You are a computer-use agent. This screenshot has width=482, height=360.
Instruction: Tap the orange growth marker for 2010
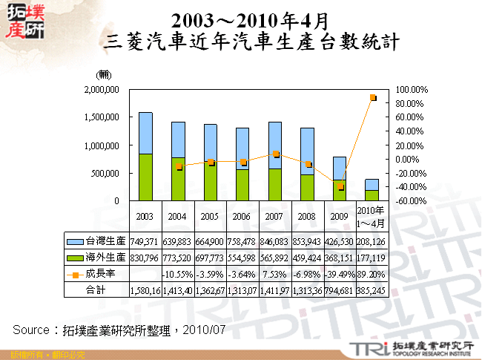coord(372,98)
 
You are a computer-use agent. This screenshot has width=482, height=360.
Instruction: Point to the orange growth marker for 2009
coord(340,186)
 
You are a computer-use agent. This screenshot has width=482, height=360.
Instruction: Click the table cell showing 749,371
coord(145,241)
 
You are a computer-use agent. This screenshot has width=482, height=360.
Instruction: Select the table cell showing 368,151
coord(340,258)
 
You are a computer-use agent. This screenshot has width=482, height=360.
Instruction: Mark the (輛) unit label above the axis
coord(104,74)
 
